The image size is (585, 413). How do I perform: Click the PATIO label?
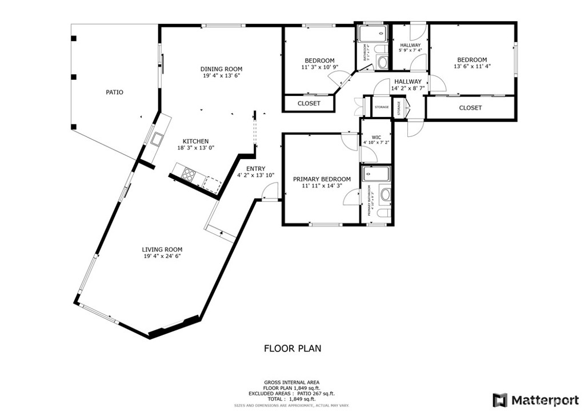coord(114,92)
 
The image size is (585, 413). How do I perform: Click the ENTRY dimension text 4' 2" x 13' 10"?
coord(256,176)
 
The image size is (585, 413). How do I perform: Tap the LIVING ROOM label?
coord(162,249)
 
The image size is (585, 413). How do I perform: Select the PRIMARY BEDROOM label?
coord(322,179)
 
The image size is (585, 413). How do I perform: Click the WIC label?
coord(376,137)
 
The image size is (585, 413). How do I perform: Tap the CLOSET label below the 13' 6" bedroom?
coord(470,108)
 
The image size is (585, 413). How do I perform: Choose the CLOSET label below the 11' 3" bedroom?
coord(308,103)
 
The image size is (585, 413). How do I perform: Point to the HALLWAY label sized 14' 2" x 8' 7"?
coord(407,82)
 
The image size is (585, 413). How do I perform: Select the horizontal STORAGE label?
coord(381,107)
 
